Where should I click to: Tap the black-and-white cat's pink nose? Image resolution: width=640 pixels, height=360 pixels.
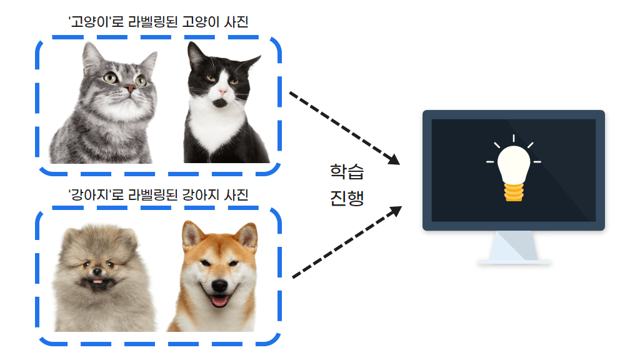pyautogui.click(x=222, y=92)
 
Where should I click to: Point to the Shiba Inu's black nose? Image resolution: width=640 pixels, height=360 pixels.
pyautogui.click(x=219, y=285)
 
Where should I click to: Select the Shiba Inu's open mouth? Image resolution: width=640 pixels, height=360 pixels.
pyautogui.click(x=219, y=301)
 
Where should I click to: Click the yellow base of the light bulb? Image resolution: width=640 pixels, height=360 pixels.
pyautogui.click(x=514, y=192)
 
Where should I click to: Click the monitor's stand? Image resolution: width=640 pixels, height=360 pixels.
pyautogui.click(x=514, y=247)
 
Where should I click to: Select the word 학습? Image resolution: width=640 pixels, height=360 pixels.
pyautogui.click(x=347, y=172)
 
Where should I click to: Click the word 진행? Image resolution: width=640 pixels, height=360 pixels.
pyautogui.click(x=347, y=198)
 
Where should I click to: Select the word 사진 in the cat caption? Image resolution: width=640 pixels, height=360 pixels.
pyautogui.click(x=236, y=22)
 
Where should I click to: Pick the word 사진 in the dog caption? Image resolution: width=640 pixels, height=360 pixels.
pyautogui.click(x=236, y=195)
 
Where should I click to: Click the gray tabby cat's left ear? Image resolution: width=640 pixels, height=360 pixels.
pyautogui.click(x=92, y=56)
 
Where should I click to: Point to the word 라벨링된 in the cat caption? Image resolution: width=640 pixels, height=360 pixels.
pyautogui.click(x=153, y=22)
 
